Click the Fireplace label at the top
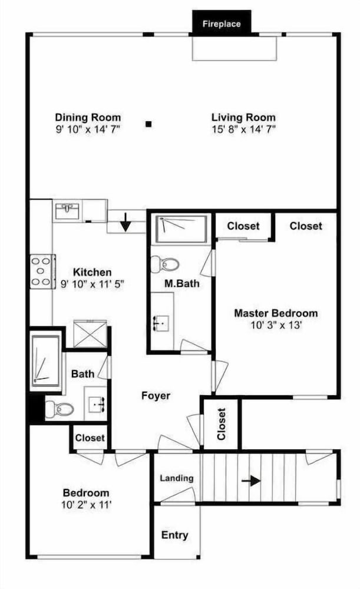pos(222,24)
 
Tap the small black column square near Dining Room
pos(148,124)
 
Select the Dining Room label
pos(88,117)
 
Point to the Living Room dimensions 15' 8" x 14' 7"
pos(243,130)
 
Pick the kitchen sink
pos(67,211)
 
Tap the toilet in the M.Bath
pos(164,264)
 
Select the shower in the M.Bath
pos(181,229)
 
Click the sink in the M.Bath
pos(161,323)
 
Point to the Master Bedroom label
pos(276,313)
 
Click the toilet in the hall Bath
pos(59,408)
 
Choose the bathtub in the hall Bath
pos(45,361)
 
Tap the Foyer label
pos(156,396)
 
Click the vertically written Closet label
pos(222,424)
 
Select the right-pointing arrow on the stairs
pos(251,481)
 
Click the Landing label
pos(177,478)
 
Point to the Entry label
pos(175,535)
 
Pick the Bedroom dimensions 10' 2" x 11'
pos(87,505)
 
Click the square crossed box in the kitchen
pos(90,333)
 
